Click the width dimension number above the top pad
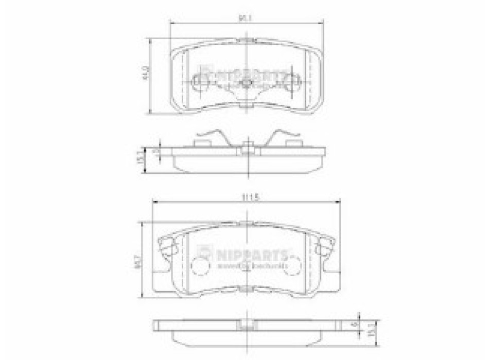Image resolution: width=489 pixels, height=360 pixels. [x=248, y=19]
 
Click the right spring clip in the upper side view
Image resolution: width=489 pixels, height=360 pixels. [x=286, y=137]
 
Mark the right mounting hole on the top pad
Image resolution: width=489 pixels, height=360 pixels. [x=295, y=82]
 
